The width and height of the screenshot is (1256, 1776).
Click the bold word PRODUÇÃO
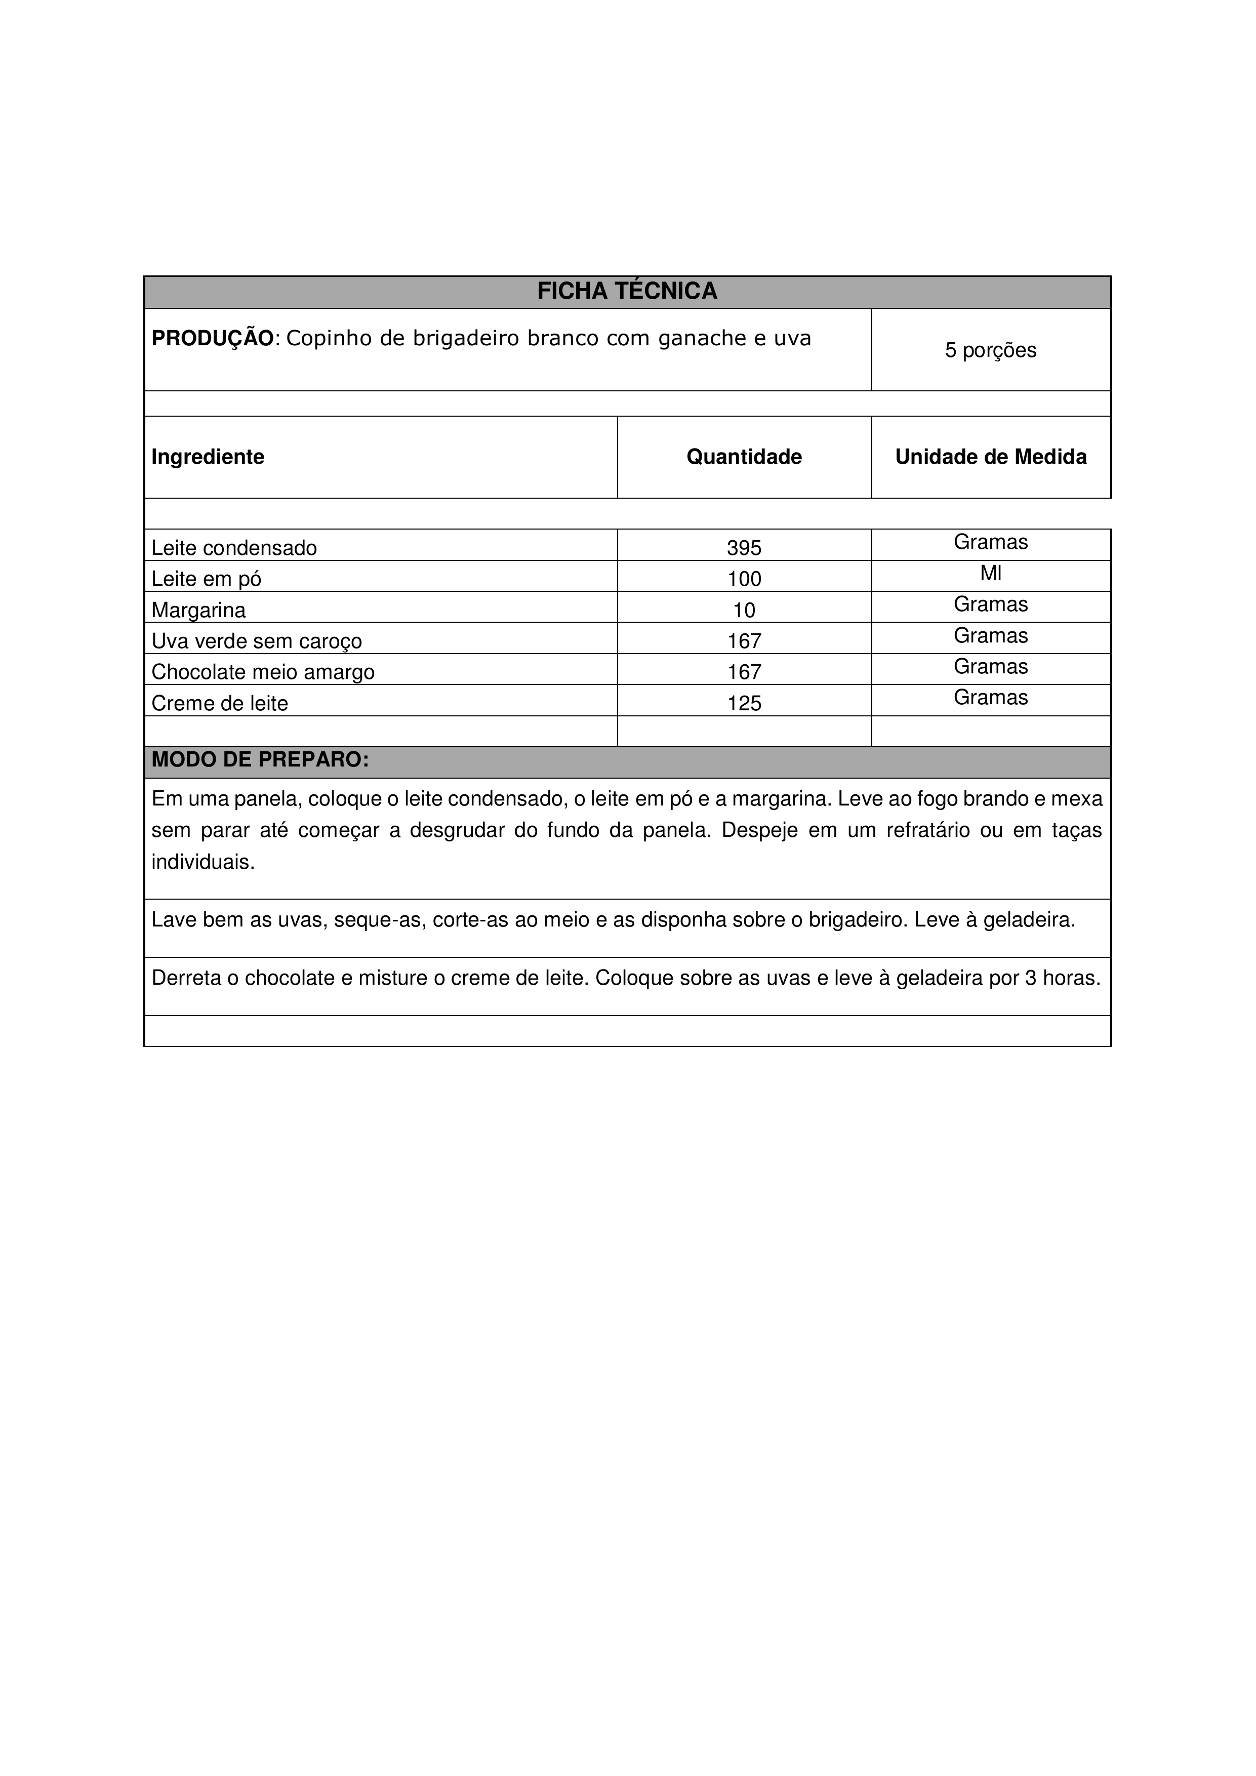click(x=213, y=338)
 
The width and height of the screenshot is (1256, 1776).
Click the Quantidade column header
click(x=744, y=457)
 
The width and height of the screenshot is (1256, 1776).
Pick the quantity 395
click(x=744, y=548)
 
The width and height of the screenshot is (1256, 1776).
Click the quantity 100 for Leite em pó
click(x=744, y=579)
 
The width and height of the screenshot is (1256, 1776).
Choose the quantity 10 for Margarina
click(x=744, y=610)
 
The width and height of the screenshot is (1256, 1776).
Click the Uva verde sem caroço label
click(x=256, y=641)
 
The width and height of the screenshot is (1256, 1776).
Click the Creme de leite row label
click(x=220, y=703)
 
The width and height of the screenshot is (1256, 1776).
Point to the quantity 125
click(x=744, y=703)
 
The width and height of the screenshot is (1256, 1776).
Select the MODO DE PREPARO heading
click(x=260, y=759)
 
